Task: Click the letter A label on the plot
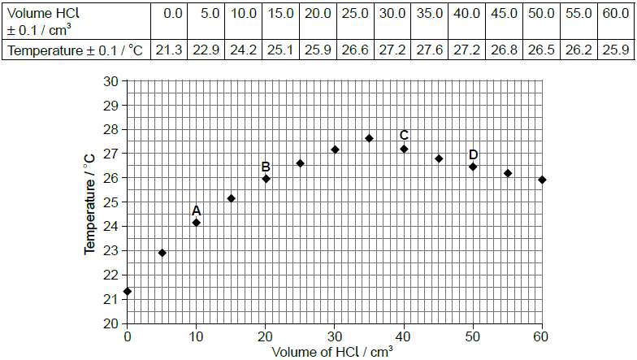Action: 196,210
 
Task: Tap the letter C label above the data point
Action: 404,136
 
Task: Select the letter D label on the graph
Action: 473,155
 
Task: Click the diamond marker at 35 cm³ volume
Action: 369,138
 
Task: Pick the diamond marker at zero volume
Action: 127,291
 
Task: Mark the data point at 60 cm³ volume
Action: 542,180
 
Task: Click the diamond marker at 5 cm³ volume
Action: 162,253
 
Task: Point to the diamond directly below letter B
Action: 266,179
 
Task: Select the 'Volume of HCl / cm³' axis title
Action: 332,352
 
